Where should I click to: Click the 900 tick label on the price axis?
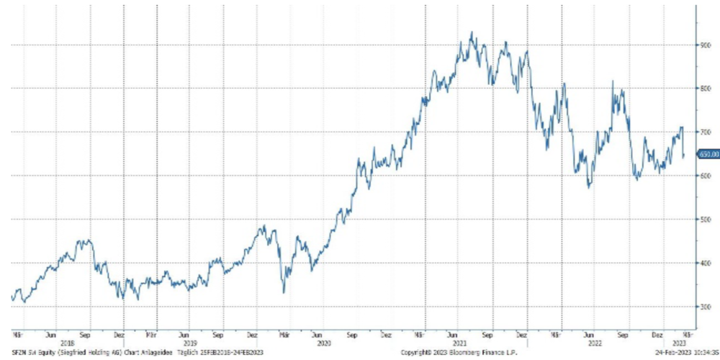[x=705, y=45]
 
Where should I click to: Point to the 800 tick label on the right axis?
[x=705, y=89]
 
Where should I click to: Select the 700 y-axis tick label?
[x=705, y=132]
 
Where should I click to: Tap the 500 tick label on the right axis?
[x=705, y=220]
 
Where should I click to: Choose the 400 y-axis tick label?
[x=705, y=264]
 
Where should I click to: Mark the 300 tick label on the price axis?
[x=705, y=307]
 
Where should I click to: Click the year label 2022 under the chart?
[x=590, y=342]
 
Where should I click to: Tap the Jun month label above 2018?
[x=50, y=335]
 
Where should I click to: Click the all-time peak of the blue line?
[x=472, y=32]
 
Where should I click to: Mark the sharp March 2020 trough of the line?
[x=284, y=292]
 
